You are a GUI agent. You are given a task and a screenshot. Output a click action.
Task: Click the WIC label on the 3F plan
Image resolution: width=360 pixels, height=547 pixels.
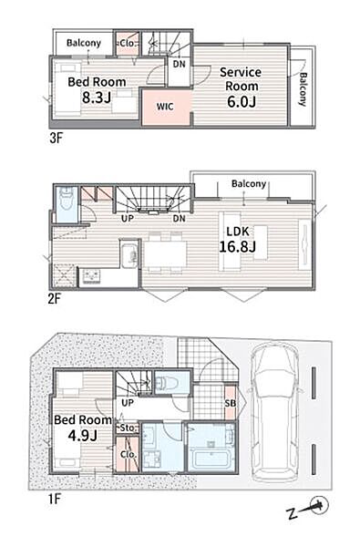(x=165, y=107)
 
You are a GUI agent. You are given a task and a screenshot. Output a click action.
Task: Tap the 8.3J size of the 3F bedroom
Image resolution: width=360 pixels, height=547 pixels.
(x=97, y=98)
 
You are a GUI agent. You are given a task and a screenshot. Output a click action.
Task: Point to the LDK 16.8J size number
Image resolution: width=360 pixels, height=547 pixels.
(x=237, y=246)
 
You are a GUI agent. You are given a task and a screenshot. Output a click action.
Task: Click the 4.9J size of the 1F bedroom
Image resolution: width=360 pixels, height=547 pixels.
(x=82, y=436)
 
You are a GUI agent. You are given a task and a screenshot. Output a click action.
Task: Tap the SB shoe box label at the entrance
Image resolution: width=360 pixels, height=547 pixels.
(x=231, y=403)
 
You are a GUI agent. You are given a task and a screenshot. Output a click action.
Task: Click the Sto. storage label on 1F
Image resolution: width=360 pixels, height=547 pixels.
(x=129, y=428)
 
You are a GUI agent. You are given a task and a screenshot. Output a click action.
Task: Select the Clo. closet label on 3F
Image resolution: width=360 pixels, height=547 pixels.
(x=127, y=44)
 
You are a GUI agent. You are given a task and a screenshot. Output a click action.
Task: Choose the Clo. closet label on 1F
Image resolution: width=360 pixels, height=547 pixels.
(x=128, y=455)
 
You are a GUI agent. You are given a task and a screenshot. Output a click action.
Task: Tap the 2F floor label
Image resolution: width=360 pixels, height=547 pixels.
(x=55, y=299)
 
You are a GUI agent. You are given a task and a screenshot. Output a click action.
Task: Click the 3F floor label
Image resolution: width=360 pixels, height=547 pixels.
(x=56, y=139)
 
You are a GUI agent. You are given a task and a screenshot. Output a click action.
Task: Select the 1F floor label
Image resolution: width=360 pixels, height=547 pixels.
(x=55, y=499)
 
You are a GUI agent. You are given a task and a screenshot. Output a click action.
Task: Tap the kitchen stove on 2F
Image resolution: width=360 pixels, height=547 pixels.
(x=91, y=276)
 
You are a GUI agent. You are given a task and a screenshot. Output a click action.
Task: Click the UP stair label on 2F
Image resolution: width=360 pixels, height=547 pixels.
(x=128, y=219)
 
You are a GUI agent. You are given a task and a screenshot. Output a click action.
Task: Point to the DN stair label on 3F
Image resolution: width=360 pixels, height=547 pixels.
(x=180, y=64)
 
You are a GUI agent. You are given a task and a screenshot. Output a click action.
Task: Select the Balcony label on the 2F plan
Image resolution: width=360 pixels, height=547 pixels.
(x=249, y=184)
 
